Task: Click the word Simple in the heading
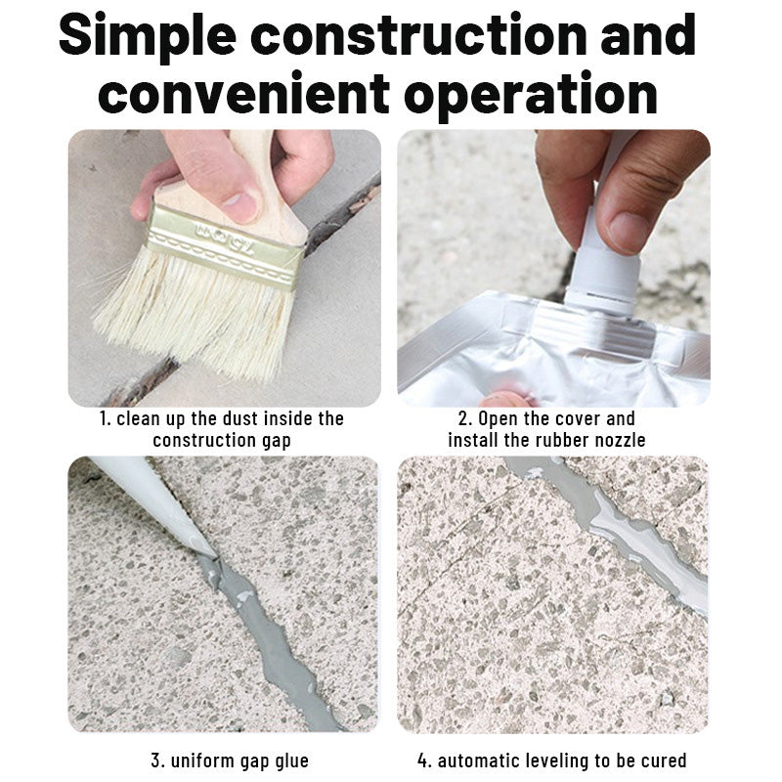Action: (x=147, y=36)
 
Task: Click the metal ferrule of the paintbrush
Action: (x=225, y=245)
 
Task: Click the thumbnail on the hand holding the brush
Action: (x=240, y=206)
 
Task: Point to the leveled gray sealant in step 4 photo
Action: (x=626, y=533)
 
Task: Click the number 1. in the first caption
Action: (x=105, y=419)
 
